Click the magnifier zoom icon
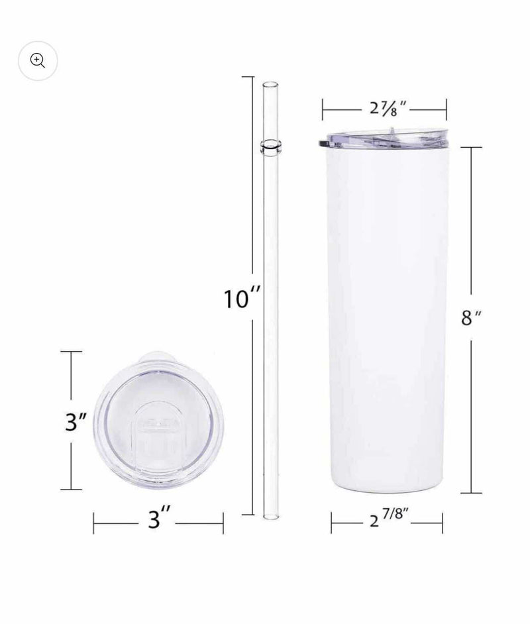click(38, 61)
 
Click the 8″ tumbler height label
click(470, 318)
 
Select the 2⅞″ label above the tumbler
click(385, 106)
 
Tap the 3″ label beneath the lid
click(158, 519)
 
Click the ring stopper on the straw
click(270, 147)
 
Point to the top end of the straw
click(270, 84)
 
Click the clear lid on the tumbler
click(384, 137)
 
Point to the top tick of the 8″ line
click(471, 148)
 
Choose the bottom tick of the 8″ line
click(471, 493)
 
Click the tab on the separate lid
click(159, 355)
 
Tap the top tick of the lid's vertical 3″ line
click(71, 352)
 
